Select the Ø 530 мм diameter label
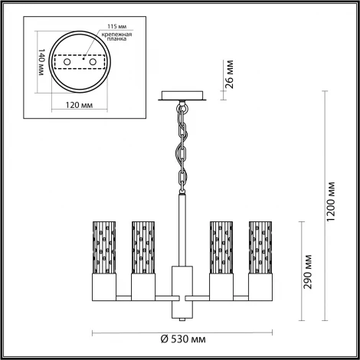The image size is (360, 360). [187, 338]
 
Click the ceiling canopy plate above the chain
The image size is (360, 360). [184, 97]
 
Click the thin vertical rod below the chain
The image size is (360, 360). [183, 230]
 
